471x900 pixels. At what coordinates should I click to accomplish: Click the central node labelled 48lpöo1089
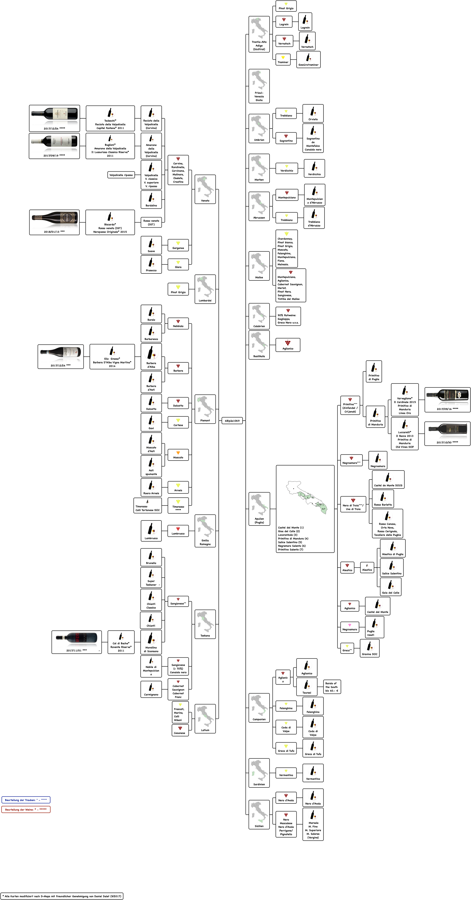(x=232, y=421)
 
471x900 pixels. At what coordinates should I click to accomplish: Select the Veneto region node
(x=205, y=189)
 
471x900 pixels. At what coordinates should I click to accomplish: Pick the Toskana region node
(x=205, y=624)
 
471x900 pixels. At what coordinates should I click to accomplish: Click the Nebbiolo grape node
(x=178, y=323)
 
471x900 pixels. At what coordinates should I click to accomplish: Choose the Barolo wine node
(x=151, y=314)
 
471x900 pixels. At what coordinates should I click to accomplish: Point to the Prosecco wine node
(x=151, y=264)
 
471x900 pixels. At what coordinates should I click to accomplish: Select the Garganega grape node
(x=178, y=245)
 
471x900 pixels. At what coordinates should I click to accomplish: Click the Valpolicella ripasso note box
(x=121, y=175)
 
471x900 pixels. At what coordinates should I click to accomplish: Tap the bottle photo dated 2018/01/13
(x=54, y=222)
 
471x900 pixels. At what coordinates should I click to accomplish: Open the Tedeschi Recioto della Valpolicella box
(x=110, y=118)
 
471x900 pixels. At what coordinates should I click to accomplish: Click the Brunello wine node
(x=151, y=557)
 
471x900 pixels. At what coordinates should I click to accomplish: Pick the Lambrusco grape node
(x=178, y=531)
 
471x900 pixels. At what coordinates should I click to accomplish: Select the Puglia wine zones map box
(x=305, y=509)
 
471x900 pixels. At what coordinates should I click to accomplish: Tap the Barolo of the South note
(x=331, y=687)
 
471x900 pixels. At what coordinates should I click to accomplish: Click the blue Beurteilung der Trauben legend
(x=26, y=800)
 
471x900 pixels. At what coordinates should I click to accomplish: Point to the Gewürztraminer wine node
(x=308, y=59)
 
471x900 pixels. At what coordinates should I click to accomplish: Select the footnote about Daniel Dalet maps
(x=62, y=896)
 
